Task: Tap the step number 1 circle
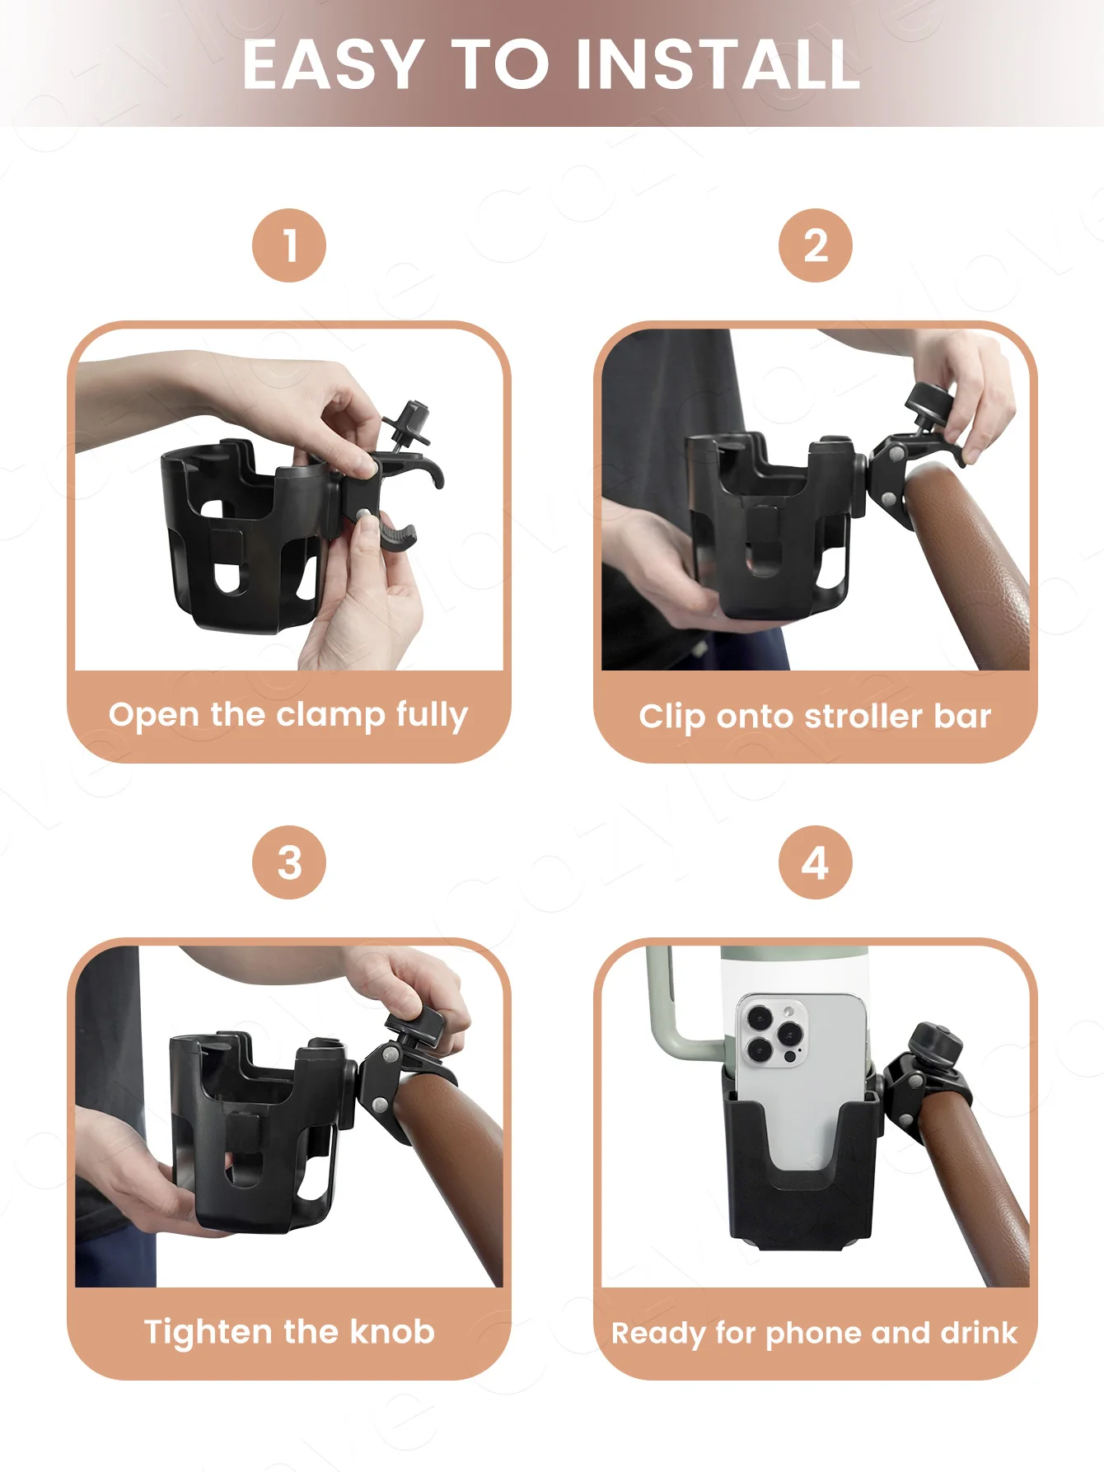[x=289, y=245]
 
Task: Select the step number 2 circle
[x=816, y=245]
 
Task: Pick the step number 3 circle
[x=289, y=862]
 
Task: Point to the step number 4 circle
[x=816, y=862]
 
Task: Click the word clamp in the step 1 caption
[x=330, y=716]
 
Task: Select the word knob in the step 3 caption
[x=392, y=1332]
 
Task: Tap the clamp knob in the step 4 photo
[x=934, y=1046]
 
